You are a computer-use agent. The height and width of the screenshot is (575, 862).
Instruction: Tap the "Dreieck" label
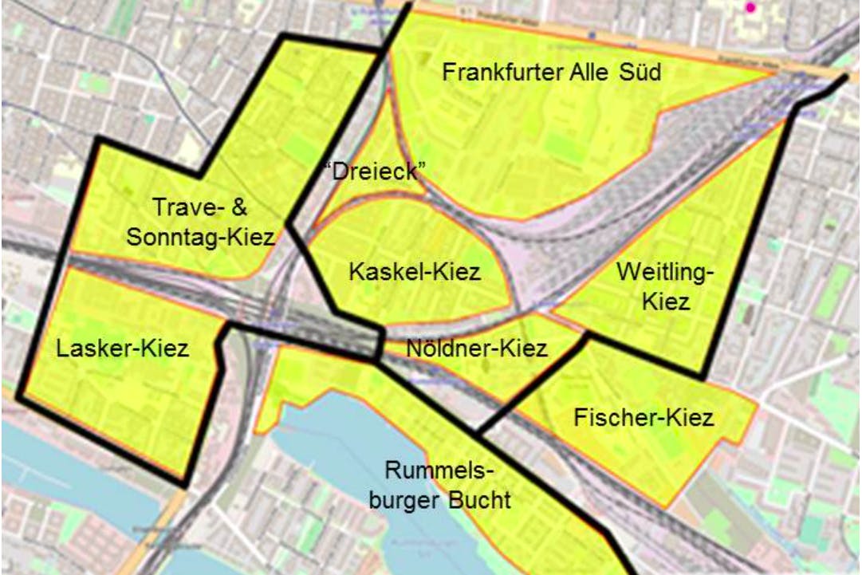click(375, 171)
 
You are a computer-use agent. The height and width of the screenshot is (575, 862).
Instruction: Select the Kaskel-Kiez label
click(415, 273)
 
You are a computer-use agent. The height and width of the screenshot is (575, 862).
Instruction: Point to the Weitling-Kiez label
click(664, 287)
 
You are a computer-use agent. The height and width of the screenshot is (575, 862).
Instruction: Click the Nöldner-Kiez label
click(476, 349)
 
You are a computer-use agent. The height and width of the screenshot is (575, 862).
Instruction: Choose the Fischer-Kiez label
click(644, 417)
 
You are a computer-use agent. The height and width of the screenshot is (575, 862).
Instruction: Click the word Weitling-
click(664, 273)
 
